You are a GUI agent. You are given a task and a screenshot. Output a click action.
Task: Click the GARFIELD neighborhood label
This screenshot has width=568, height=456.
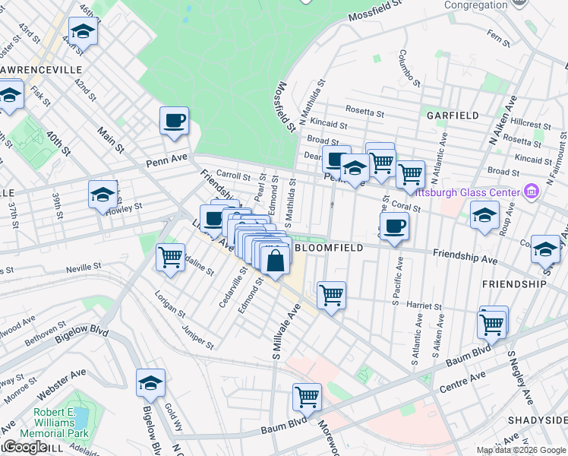(453, 116)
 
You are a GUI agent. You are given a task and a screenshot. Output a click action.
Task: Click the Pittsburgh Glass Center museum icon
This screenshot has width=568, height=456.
(532, 191)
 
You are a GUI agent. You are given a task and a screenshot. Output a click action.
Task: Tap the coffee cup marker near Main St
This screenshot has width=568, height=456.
(174, 120)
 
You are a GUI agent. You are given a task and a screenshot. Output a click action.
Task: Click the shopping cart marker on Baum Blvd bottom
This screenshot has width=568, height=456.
(308, 395)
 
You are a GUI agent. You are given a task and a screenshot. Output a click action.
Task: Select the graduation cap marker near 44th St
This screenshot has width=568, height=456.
(83, 32)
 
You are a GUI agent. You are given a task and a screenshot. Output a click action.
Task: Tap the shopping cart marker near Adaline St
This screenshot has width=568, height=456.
(170, 257)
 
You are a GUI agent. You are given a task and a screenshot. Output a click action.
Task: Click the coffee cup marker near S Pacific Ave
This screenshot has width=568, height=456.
(394, 226)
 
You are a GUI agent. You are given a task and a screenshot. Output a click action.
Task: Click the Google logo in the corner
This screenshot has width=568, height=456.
(26, 447)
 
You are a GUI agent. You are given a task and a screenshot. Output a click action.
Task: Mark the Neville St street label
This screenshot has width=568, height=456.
(84, 267)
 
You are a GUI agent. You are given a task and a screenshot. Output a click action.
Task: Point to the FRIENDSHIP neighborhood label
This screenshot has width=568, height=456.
(513, 283)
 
